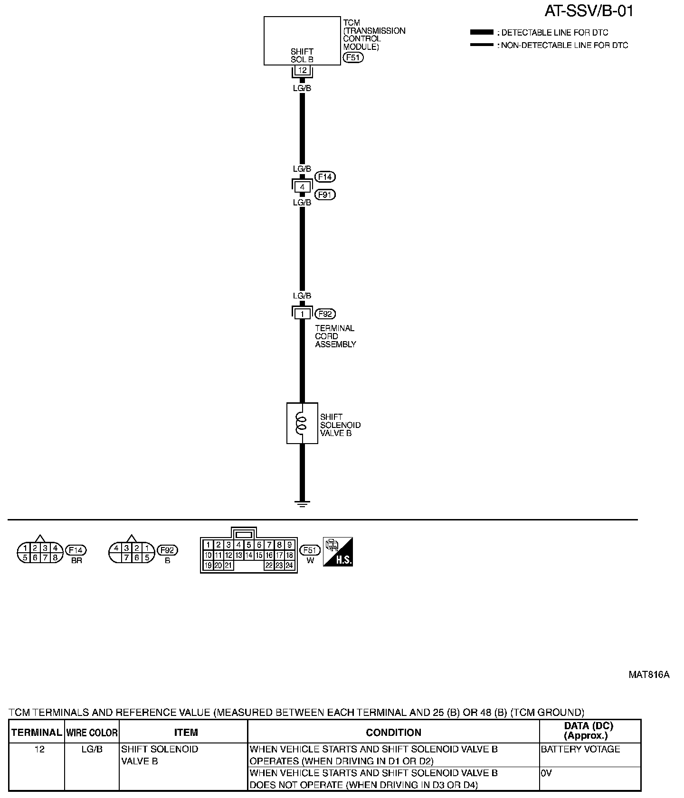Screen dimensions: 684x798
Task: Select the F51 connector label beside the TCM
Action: point(353,57)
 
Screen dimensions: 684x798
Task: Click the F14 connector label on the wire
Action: point(325,177)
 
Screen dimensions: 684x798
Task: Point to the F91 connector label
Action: point(325,195)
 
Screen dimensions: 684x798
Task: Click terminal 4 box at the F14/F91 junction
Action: point(302,187)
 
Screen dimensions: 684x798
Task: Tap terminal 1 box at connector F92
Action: point(302,314)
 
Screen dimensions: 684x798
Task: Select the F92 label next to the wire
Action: point(325,314)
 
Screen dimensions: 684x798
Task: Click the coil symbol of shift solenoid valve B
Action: point(301,423)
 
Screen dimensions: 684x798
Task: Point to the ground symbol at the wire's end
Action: point(302,502)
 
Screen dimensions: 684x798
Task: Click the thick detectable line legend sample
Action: point(482,32)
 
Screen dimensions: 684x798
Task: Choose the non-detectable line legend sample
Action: point(482,45)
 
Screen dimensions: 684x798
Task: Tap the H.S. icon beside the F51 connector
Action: point(338,551)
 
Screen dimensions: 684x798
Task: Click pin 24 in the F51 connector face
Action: point(289,566)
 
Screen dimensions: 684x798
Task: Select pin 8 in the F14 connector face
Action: point(55,558)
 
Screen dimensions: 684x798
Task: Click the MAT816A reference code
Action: point(649,675)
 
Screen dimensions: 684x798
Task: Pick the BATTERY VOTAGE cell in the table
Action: point(580,749)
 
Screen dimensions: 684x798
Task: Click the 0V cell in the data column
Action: point(547,773)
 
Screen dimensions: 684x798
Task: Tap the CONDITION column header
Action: point(393,733)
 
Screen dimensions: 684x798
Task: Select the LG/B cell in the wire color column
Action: point(91,749)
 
